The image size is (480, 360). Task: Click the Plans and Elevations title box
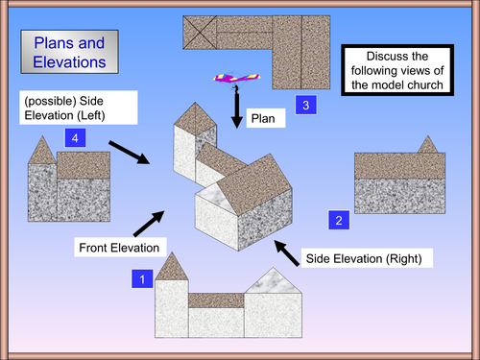68,53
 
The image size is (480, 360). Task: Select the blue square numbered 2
339,220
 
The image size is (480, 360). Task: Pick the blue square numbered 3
304,105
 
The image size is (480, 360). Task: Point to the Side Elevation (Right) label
362,257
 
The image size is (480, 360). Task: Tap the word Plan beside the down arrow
261,119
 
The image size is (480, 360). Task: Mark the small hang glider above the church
231,79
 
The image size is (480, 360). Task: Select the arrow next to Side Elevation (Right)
288,254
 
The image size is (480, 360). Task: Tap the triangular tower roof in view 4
42,151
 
